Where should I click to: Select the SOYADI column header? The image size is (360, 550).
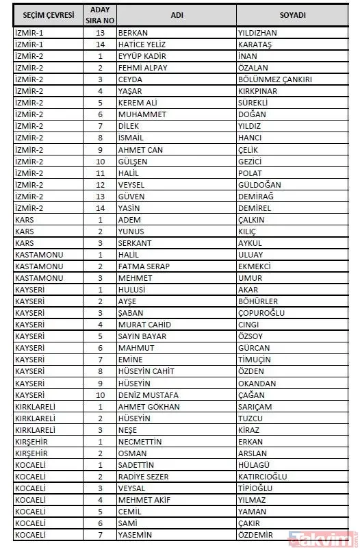[293, 15]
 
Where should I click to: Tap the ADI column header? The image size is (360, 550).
[175, 15]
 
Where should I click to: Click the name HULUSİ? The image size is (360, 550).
[133, 289]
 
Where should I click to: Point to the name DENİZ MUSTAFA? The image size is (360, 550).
[149, 395]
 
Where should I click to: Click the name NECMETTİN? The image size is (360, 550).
[140, 441]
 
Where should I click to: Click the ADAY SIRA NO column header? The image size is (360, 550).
[100, 15]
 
